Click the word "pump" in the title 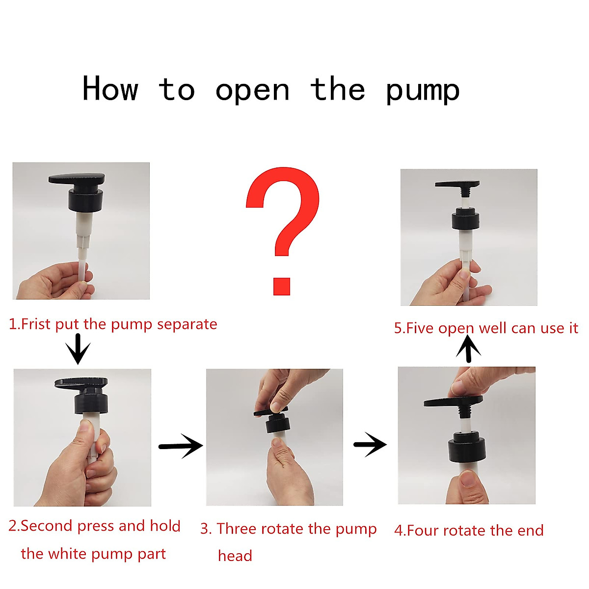423,91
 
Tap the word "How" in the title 110,88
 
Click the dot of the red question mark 282,286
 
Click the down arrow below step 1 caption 78,349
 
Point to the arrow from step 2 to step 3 181,446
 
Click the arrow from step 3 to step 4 370,445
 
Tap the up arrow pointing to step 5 468,349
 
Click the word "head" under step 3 235,556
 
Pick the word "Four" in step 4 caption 423,530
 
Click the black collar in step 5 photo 465,218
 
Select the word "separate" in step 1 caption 187,324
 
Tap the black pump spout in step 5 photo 457,185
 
